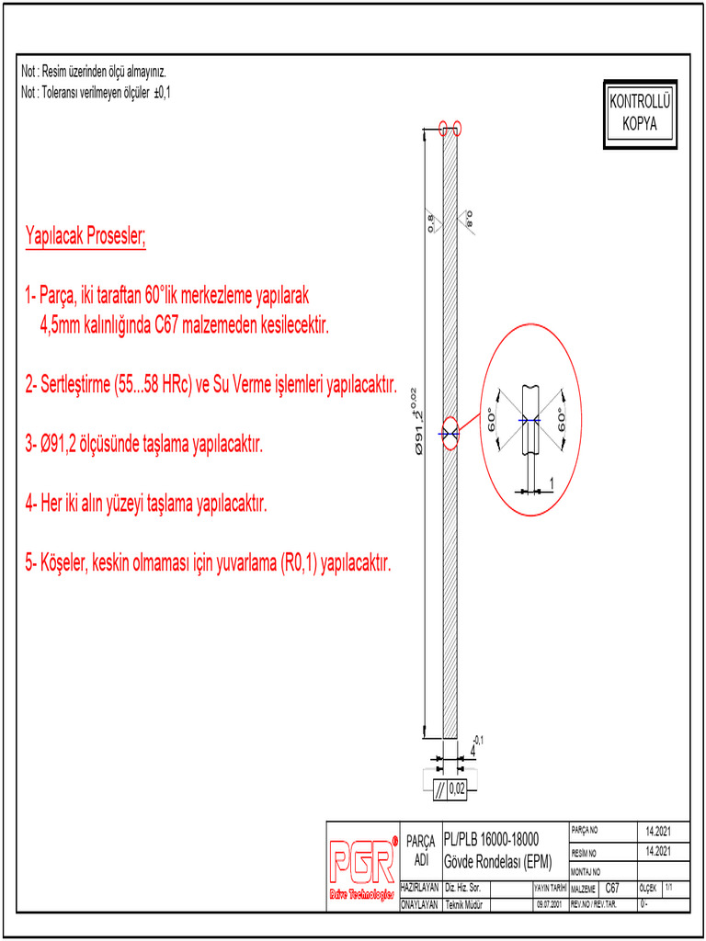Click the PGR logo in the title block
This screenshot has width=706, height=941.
click(363, 862)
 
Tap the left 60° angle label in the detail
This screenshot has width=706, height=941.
click(493, 421)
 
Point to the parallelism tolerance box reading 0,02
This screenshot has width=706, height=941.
click(450, 788)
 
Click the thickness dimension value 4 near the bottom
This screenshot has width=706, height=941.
click(473, 750)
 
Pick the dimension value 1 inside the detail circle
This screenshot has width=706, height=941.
click(551, 482)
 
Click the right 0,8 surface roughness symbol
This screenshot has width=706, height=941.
click(468, 220)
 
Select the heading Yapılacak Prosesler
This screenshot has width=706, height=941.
click(85, 237)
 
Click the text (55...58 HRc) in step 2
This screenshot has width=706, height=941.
click(151, 384)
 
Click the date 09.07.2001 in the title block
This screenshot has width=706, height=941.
click(550, 904)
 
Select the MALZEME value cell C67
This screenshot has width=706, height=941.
click(612, 889)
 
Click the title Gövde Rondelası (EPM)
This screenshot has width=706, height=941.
click(497, 862)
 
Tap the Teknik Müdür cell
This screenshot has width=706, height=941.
click(465, 904)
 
